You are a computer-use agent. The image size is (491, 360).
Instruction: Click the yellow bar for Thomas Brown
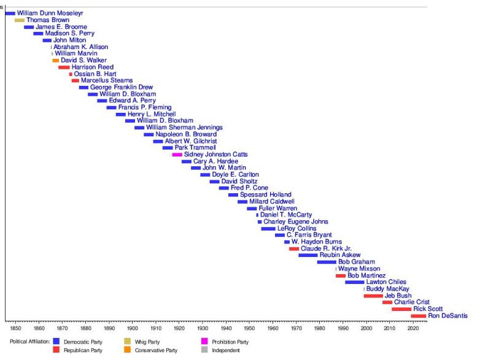(20, 20)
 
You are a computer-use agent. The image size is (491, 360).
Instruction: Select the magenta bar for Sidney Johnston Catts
(177, 155)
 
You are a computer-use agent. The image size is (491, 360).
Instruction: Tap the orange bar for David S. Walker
(56, 61)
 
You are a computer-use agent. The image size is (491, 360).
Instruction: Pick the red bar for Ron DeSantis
(418, 316)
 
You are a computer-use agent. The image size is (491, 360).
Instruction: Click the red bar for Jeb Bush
(373, 296)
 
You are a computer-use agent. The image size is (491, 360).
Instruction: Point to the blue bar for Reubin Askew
(308, 255)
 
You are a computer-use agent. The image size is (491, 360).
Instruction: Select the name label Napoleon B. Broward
(186, 134)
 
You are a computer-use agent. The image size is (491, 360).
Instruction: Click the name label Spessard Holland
(267, 195)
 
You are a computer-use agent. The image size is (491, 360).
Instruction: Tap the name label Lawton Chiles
(386, 282)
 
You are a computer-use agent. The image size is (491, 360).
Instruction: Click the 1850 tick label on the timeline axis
(15, 328)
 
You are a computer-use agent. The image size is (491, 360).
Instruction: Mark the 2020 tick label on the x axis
(413, 328)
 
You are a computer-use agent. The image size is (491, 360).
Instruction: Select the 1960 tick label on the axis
(273, 328)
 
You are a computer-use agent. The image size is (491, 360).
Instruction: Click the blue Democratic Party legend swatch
(56, 342)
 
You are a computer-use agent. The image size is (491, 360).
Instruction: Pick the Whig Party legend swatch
(128, 342)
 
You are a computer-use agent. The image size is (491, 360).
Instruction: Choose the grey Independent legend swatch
(204, 350)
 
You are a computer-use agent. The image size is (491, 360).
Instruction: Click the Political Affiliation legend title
(29, 342)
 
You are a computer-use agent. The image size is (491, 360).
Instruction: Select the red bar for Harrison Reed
(64, 67)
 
